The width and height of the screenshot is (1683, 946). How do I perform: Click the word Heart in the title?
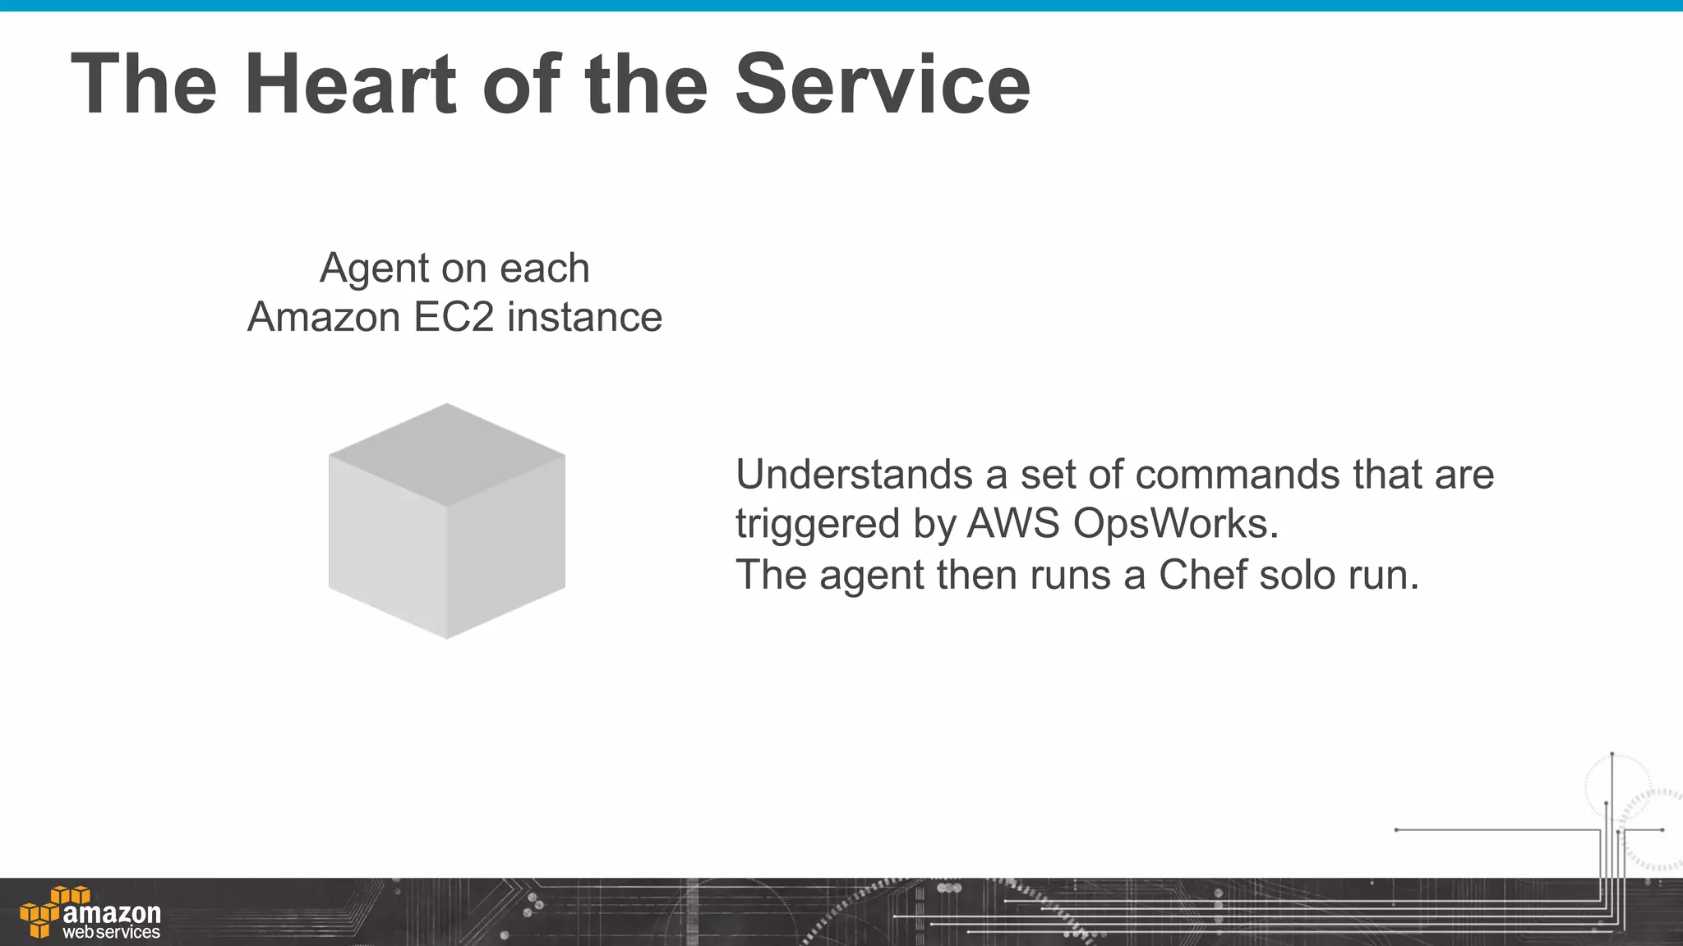(350, 84)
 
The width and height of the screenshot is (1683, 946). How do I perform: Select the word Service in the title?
(882, 84)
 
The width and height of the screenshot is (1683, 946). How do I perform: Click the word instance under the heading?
(584, 318)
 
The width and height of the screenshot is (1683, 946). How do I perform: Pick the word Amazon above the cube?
(324, 318)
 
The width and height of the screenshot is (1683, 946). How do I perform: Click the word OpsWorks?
(1175, 523)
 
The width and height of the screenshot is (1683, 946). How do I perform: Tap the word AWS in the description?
(1013, 523)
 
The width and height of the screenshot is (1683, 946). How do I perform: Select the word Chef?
(1202, 574)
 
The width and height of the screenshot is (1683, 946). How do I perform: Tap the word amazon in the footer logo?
(112, 912)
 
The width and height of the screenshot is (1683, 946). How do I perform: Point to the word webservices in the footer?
(112, 933)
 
